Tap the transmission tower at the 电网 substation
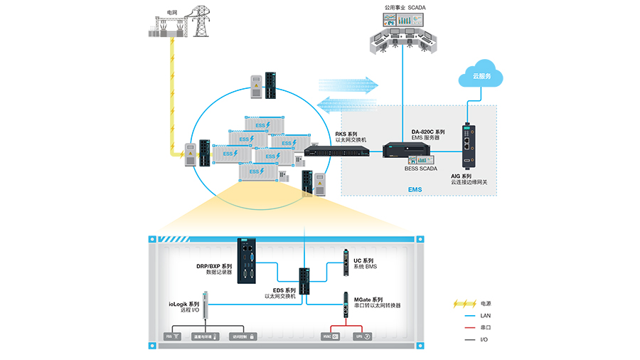[199, 26]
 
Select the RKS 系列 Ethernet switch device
[337, 150]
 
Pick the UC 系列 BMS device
[345, 263]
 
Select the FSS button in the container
[173, 336]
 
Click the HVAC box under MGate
[331, 336]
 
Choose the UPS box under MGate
[363, 336]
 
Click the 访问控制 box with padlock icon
[242, 336]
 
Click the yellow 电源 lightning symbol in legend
[465, 304]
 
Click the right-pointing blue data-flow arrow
[348, 85]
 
